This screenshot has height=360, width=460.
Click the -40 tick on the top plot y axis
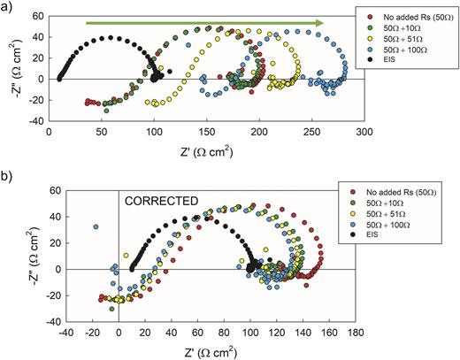click(37, 119)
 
